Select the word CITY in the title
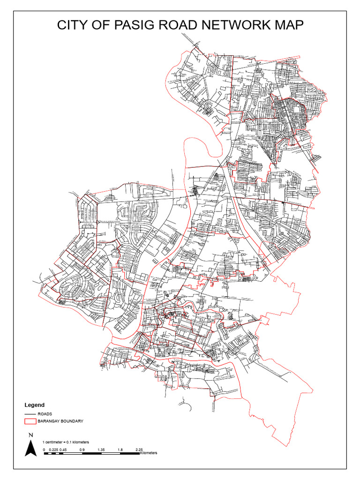(74, 25)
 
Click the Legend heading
(34, 405)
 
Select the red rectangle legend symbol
(30, 421)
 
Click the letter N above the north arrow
(30, 435)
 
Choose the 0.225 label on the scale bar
(52, 450)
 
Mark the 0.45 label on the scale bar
(63, 450)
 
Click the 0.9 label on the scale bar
(82, 450)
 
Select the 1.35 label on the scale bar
(101, 450)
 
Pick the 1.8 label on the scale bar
(120, 450)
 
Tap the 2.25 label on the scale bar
(139, 450)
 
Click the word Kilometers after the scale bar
(149, 453)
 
